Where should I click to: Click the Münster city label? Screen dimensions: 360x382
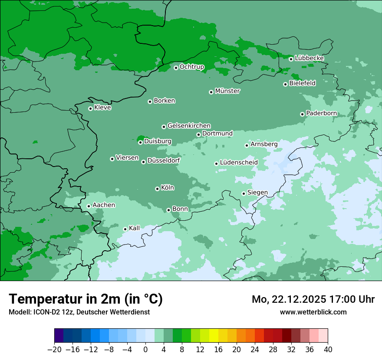pos(227,91)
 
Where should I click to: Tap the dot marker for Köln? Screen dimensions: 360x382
pos(157,189)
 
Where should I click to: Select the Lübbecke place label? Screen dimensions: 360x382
pos(309,58)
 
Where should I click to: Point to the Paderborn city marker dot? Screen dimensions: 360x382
pos(302,114)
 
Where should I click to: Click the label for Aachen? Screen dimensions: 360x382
pos(104,205)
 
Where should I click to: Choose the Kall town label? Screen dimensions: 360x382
pos(135,228)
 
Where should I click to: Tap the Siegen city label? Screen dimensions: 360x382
pos(257,193)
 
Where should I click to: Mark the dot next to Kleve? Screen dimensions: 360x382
pos(90,108)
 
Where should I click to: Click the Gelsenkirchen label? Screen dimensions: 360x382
pos(189,126)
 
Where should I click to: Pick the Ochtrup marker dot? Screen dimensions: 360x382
pos(176,68)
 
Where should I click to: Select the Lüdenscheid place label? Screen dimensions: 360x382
pos(239,163)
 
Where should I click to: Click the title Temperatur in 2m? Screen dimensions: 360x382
pos(86,299)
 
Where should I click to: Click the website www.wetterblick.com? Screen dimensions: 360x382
pos(313,312)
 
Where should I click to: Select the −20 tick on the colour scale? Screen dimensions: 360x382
pos(55,350)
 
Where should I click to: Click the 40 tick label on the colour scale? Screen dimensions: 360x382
pos(328,350)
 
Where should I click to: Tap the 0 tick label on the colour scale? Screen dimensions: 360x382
pos(145,350)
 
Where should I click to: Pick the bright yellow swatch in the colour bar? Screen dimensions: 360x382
pos(214,336)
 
